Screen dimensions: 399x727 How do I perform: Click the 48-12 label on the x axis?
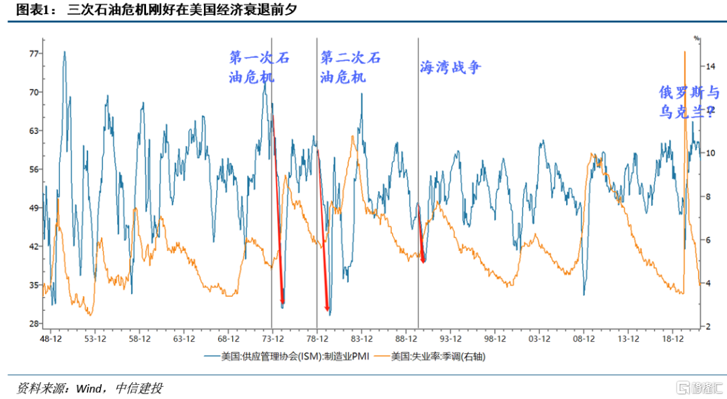pyautogui.click(x=51, y=339)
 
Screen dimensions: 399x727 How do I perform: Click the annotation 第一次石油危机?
pyautogui.click(x=260, y=67)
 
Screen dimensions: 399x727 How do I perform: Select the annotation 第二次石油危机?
pyautogui.click(x=350, y=67)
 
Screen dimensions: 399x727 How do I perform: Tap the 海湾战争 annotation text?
pyautogui.click(x=450, y=67)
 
